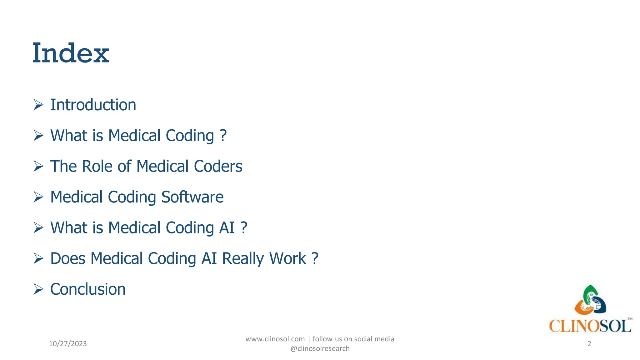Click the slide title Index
(71, 53)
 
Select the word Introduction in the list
(93, 105)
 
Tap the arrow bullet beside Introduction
(38, 105)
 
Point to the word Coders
(218, 166)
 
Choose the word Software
(192, 197)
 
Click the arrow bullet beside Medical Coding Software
(38, 197)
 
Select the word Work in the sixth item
(287, 259)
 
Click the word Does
(68, 259)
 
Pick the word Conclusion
(88, 289)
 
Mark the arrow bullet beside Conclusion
(38, 289)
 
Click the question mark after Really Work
(315, 259)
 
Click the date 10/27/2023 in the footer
(68, 344)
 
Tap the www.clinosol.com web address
(275, 339)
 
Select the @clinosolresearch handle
(320, 349)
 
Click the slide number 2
(589, 344)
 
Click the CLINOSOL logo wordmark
(590, 326)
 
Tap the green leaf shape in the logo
(589, 292)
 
